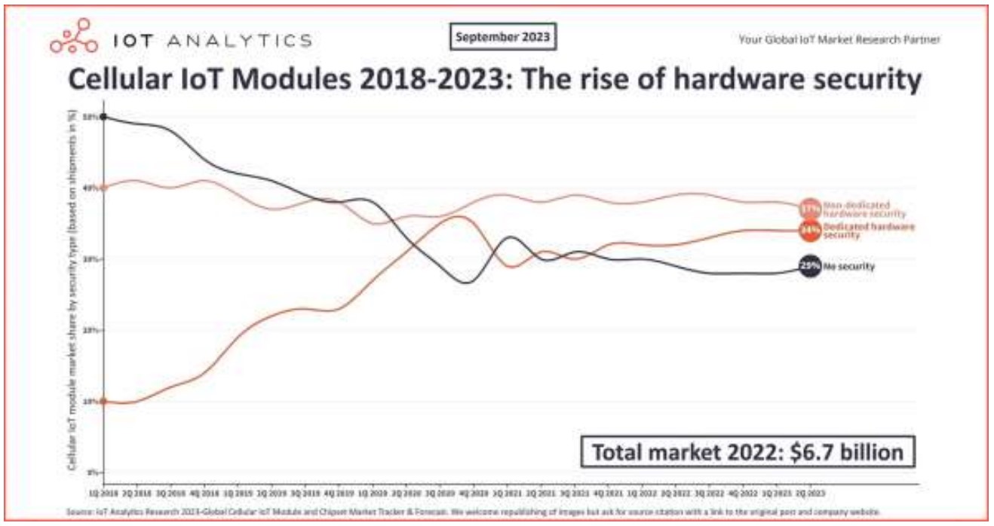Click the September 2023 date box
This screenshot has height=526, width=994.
click(503, 37)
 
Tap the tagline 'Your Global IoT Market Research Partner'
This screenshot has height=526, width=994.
click(839, 39)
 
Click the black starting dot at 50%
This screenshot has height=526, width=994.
click(103, 118)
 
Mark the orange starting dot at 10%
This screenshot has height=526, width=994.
click(103, 402)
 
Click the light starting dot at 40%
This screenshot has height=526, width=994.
click(103, 188)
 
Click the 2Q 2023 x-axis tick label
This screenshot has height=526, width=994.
click(810, 491)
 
